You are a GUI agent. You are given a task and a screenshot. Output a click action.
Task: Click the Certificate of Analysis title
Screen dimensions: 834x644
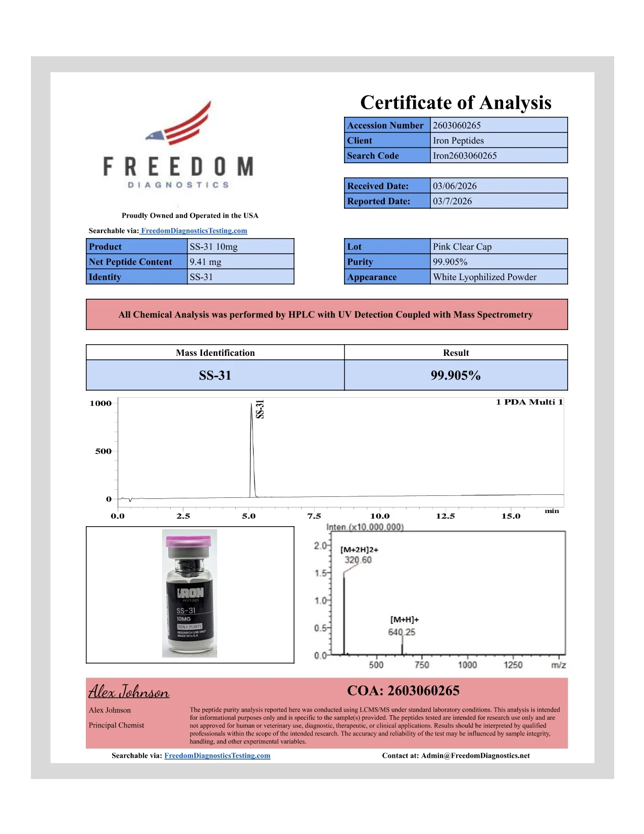click(456, 103)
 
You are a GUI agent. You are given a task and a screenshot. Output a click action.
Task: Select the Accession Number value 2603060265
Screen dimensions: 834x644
click(457, 125)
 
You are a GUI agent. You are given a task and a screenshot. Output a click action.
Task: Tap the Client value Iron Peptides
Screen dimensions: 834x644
click(458, 141)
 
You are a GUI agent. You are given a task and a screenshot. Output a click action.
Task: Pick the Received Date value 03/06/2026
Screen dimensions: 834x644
click(455, 186)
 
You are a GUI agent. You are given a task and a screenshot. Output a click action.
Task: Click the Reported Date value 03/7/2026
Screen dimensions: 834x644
click(452, 201)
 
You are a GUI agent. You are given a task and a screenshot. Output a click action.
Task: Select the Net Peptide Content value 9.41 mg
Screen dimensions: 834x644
click(205, 262)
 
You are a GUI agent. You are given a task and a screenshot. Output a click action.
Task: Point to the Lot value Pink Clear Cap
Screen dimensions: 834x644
click(462, 247)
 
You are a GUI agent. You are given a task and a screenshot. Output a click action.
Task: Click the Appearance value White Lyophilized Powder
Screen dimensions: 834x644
click(484, 277)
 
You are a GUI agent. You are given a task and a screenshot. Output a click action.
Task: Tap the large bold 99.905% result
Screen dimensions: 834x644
click(456, 376)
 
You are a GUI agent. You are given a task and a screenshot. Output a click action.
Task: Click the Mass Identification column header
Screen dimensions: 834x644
click(215, 353)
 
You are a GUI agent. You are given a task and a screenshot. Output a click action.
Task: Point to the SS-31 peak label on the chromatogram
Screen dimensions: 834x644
click(260, 409)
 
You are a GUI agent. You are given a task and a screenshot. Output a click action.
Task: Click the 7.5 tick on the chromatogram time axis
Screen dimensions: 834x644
click(314, 516)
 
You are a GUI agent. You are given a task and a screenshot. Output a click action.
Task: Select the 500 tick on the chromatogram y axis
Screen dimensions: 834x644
click(103, 451)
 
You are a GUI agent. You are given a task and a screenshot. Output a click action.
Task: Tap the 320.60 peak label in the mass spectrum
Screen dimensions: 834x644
click(358, 560)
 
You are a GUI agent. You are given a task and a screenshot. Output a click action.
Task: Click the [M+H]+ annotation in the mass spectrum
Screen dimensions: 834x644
click(404, 620)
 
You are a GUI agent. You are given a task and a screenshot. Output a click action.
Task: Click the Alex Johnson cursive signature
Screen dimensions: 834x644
click(129, 691)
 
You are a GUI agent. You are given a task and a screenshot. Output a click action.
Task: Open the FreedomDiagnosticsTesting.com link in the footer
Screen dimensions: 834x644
click(217, 756)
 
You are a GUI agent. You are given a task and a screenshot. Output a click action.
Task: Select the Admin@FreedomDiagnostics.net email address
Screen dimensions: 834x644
click(475, 756)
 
